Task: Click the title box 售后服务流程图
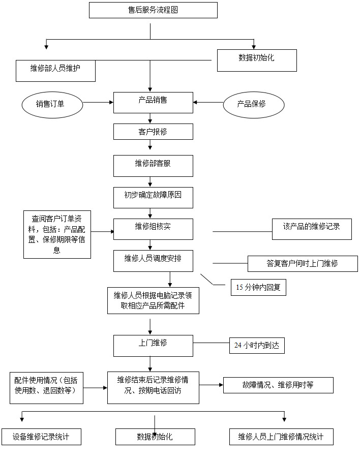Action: [153, 10]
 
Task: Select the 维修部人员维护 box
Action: [55, 71]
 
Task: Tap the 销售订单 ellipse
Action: [52, 104]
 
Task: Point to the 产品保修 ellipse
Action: [253, 104]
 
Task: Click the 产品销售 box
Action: [153, 102]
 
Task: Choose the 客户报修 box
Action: [153, 132]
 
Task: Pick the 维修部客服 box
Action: [153, 166]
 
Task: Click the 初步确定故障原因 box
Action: [153, 197]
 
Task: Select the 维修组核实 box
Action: [153, 229]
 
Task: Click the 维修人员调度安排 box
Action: [153, 261]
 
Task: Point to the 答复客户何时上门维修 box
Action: [303, 263]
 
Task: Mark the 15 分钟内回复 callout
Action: [258, 287]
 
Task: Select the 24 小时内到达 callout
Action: [257, 346]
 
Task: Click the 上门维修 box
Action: [153, 346]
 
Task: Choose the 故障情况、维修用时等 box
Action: [278, 385]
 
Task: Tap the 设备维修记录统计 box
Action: [41, 437]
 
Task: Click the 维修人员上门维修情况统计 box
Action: [281, 437]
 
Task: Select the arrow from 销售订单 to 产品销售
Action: [98, 103]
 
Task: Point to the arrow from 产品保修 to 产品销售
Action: [208, 103]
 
